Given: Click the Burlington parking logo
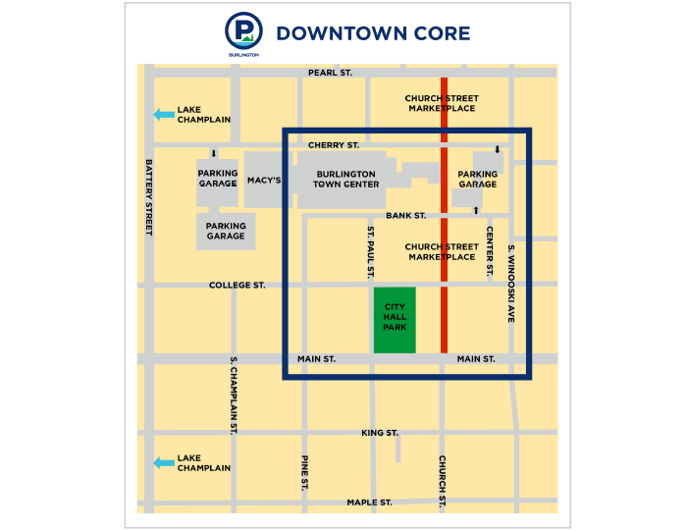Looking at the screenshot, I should click(243, 32).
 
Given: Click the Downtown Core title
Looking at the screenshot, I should click(373, 34).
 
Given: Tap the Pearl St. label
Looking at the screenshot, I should click(330, 73).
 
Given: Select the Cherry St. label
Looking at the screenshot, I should click(334, 145).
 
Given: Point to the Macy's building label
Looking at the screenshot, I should click(265, 181).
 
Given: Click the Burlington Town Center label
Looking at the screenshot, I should click(347, 180).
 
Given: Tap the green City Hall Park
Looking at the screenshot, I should click(395, 320).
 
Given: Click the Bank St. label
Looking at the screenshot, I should click(405, 215).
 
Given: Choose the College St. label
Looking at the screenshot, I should click(238, 286).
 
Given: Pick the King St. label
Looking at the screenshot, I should click(380, 433).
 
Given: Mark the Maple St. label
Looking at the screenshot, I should click(370, 503).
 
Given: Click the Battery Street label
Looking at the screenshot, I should click(149, 197).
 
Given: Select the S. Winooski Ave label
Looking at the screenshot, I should click(511, 284).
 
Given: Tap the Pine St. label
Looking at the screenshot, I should click(305, 472).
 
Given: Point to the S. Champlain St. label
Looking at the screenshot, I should click(234, 396).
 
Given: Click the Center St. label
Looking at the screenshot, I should click(489, 253).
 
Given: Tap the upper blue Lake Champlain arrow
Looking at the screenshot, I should click(163, 115).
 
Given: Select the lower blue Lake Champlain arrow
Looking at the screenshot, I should click(163, 463).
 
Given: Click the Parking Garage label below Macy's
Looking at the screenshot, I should click(226, 231).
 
